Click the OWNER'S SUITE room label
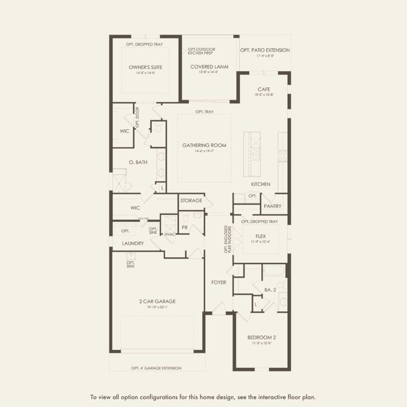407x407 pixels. pyautogui.click(x=145, y=67)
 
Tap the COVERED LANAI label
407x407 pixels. pyautogui.click(x=210, y=67)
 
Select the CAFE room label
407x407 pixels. pyautogui.click(x=264, y=89)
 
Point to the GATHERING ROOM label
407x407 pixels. pyautogui.click(x=204, y=145)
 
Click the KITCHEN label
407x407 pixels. pyautogui.click(x=261, y=184)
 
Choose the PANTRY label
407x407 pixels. pyautogui.click(x=272, y=206)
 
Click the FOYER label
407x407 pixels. pyautogui.click(x=219, y=282)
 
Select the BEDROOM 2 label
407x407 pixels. pyautogui.click(x=262, y=338)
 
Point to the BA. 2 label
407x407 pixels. pyautogui.click(x=271, y=290)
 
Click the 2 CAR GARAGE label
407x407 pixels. pyautogui.click(x=157, y=301)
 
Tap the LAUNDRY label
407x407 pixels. pyautogui.click(x=133, y=243)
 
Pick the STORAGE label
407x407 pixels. pyautogui.click(x=191, y=201)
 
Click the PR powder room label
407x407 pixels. pyautogui.click(x=185, y=227)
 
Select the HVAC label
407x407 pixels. pyautogui.click(x=169, y=234)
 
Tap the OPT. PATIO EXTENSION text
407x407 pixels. pyautogui.click(x=265, y=50)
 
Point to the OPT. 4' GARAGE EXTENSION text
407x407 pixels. pyautogui.click(x=156, y=368)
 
